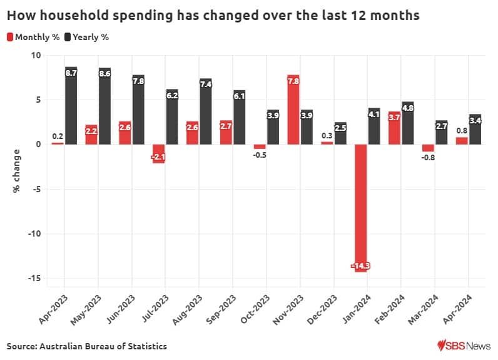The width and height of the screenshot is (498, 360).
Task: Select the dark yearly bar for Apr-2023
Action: point(71,106)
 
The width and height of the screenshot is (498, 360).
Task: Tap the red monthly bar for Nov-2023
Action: point(293,110)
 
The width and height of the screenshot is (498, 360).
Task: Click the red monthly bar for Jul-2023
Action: point(158,153)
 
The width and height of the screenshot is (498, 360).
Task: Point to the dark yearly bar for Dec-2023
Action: point(340,133)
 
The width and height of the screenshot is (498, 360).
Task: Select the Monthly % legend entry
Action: point(33,37)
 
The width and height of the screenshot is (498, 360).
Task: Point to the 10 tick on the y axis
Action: point(35,55)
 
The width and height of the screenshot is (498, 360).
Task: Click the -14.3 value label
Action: point(360,266)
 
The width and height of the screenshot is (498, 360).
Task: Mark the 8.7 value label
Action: point(71,73)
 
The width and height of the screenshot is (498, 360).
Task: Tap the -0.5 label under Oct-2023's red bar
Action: point(260,155)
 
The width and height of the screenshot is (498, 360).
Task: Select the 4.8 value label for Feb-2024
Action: point(408,108)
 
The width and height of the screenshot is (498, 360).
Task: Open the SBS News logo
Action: point(464,345)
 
